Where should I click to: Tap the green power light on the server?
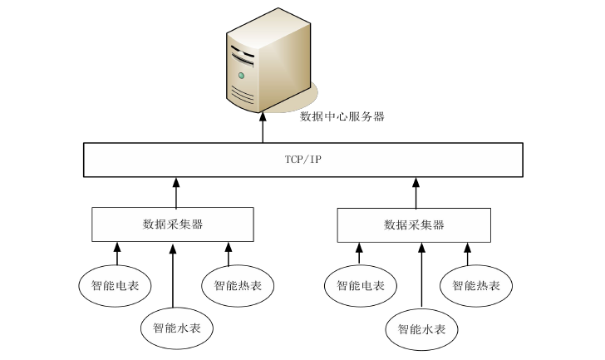coord(242,76)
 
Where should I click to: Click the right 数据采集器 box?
coord(415,224)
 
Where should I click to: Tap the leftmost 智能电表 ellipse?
coord(115,286)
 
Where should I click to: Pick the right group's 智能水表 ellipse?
coord(422,329)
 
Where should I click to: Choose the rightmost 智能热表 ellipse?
coord(476,286)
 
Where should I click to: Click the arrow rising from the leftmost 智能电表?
coord(117,253)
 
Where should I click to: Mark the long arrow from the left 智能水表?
coord(173,274)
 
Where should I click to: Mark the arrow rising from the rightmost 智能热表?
coord(467,253)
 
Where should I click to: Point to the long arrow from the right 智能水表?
coord(421,274)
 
